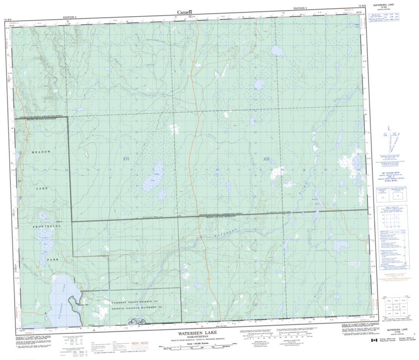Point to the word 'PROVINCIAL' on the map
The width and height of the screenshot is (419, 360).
[x=46, y=226]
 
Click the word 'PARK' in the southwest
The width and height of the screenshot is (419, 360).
[x=53, y=260]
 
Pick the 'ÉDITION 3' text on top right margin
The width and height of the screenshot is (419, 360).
[x=300, y=8]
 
